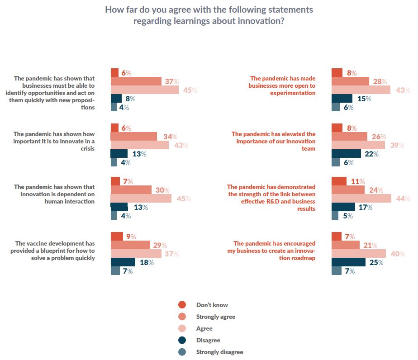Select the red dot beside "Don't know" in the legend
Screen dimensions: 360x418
point(182,305)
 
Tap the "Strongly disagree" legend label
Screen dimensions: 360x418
point(219,352)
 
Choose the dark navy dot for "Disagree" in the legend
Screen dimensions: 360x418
point(182,340)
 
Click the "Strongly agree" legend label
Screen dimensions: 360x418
point(215,317)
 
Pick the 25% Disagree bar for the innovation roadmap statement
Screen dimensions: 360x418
point(348,262)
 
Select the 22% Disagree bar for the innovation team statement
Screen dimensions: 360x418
point(346,154)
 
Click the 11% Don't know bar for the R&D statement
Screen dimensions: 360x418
point(339,181)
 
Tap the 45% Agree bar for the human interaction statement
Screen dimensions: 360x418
point(141,199)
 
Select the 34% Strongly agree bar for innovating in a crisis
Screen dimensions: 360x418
point(133,137)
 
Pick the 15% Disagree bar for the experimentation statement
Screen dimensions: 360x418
point(342,99)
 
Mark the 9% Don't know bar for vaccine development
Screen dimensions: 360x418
point(117,236)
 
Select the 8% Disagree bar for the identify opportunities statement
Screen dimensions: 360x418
point(116,99)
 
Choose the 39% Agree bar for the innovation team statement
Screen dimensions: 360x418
point(358,145)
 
